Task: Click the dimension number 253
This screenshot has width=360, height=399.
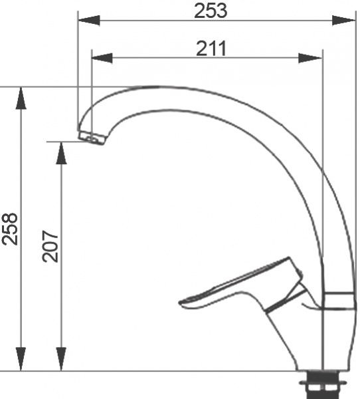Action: [x=211, y=11]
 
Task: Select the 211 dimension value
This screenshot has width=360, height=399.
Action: [x=212, y=49]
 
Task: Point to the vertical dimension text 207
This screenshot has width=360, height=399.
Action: [x=52, y=245]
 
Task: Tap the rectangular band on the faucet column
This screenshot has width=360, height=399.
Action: [x=339, y=299]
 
